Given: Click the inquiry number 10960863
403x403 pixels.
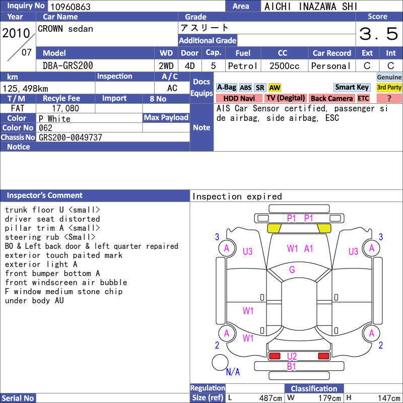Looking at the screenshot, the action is coord(71,7).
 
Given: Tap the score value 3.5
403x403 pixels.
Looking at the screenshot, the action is coord(379,34).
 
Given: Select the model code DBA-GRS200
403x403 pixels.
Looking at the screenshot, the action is coord(68,66).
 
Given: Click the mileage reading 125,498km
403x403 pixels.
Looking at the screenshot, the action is coord(25,89).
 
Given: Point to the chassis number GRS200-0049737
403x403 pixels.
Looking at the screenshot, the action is coord(71,138).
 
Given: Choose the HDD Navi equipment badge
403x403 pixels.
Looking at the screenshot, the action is coord(239,98).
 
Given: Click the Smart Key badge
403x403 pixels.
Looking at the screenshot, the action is coord(352,87).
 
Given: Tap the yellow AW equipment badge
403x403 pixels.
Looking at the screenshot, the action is coord(275,88).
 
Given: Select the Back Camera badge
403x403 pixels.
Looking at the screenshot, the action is coord(331,98).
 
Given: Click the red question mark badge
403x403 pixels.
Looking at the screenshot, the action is coord(389,98).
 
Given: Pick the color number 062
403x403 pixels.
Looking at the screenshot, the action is coord(45,128).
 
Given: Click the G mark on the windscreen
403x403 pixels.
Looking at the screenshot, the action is coord(292,270).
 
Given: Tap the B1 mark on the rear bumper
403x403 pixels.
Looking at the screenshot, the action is coord(292,367).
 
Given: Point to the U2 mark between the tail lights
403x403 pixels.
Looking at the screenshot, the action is coord(292,356).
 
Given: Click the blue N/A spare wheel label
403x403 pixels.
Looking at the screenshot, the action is coord(233,372).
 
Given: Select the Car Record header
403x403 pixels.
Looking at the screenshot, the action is coord(332,53).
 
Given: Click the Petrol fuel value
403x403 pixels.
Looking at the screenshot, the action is coord(243,66).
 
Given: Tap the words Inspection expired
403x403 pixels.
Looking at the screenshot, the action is coord(237,196).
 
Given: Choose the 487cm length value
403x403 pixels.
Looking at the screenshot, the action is coord(271,398).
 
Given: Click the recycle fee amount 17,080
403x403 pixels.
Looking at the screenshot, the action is coord(65,108).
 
